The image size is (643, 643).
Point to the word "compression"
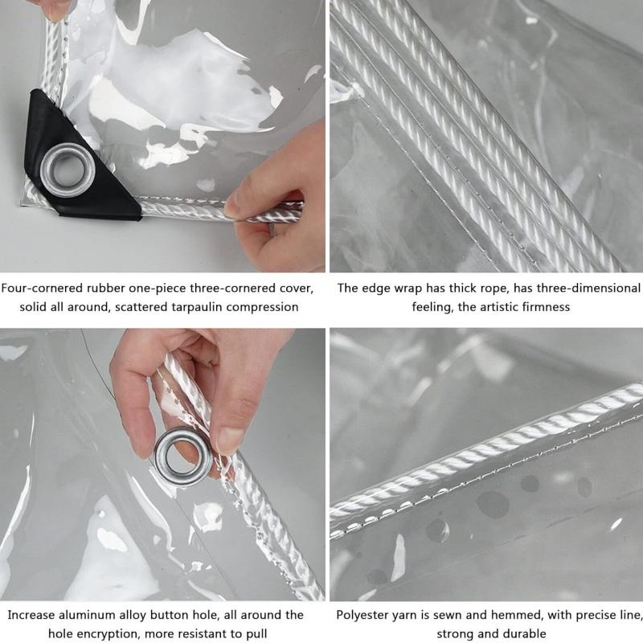261,306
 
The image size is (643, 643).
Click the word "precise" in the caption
599,615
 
